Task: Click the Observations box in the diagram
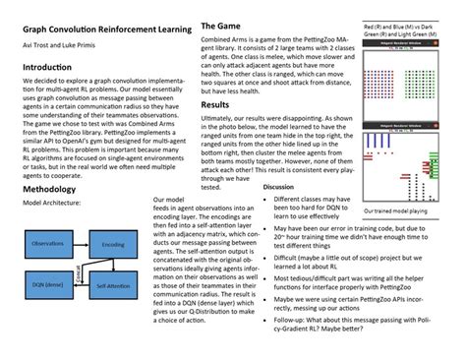[x=48, y=243]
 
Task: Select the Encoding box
[x=113, y=244]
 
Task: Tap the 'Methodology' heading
[x=51, y=188]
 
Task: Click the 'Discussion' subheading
[x=279, y=186]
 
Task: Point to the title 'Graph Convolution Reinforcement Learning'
[x=98, y=30]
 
